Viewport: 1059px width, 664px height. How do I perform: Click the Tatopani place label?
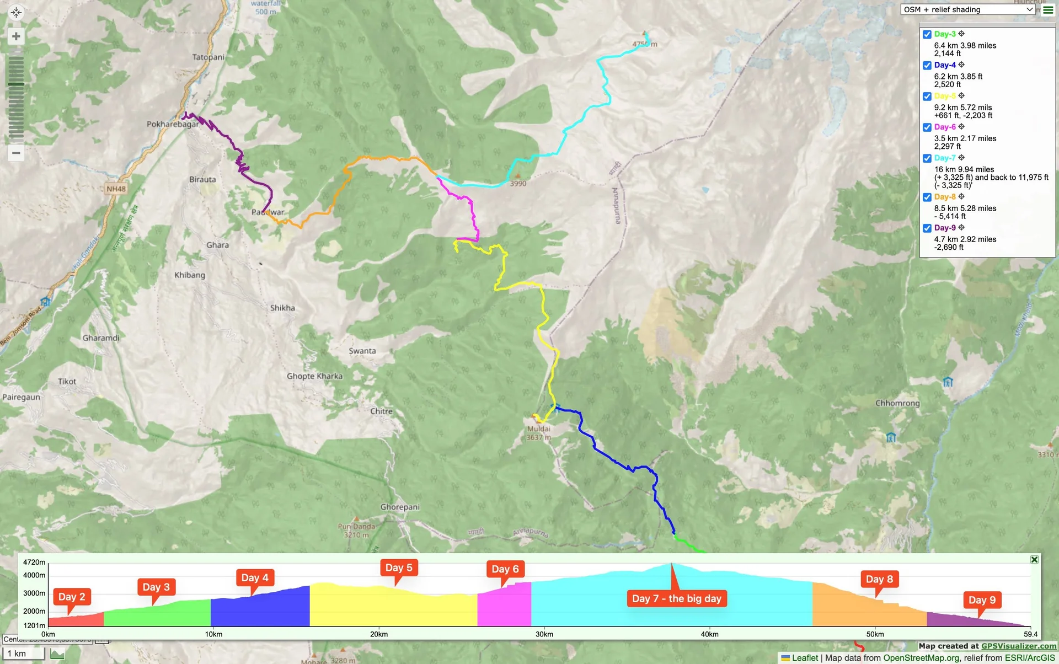(208, 57)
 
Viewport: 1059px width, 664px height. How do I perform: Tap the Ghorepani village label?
(400, 507)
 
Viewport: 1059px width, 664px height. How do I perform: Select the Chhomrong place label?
(897, 403)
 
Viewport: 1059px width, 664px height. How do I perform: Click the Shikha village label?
(282, 308)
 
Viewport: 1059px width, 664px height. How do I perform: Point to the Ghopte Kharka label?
(314, 376)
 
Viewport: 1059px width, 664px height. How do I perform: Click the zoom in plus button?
(16, 36)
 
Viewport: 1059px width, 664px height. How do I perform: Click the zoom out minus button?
(16, 153)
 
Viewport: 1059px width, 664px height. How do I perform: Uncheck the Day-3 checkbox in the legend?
(927, 34)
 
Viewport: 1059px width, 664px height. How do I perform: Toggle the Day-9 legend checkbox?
(927, 228)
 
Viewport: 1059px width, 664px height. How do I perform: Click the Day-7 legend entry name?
(945, 158)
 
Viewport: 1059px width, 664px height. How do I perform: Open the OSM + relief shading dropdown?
(968, 9)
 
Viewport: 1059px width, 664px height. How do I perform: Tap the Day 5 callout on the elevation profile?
(399, 567)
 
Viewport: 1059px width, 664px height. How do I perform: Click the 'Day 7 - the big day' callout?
(677, 598)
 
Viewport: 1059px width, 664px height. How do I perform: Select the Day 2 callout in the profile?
(72, 597)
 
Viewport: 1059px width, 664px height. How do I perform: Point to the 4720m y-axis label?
(34, 562)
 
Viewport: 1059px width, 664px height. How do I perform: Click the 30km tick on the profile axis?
(544, 634)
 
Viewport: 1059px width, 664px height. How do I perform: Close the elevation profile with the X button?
(1034, 559)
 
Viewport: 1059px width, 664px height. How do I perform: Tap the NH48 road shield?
(116, 189)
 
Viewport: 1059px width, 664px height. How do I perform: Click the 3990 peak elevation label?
(518, 184)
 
